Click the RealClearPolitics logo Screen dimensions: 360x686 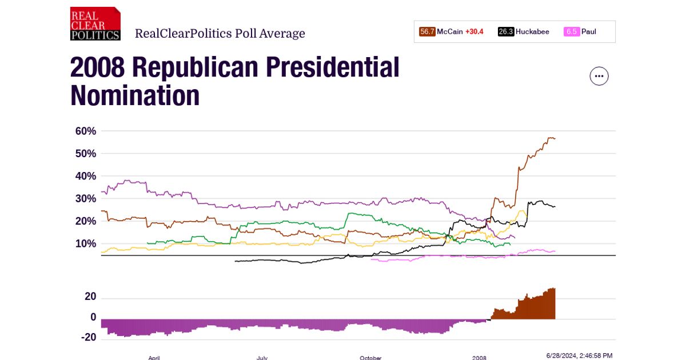(95, 24)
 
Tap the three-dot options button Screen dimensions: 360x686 (599, 76)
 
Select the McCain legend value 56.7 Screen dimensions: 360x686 (427, 32)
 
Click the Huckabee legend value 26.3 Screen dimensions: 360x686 (506, 32)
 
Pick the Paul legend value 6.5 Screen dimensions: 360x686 (572, 32)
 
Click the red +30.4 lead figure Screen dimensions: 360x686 (474, 32)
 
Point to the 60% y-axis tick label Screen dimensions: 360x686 (86, 131)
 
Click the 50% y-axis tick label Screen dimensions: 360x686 (86, 154)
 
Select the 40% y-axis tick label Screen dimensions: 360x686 (86, 176)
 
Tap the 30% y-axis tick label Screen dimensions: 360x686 (86, 199)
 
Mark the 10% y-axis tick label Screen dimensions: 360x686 (86, 244)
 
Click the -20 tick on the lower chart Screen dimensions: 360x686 (89, 337)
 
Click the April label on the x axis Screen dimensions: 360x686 (154, 358)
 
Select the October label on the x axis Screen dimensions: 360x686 (370, 358)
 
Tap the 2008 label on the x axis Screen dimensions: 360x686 (479, 358)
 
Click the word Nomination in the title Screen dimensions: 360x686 (135, 95)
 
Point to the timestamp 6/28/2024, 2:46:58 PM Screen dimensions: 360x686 (579, 355)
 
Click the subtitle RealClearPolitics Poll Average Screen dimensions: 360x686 (220, 34)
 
